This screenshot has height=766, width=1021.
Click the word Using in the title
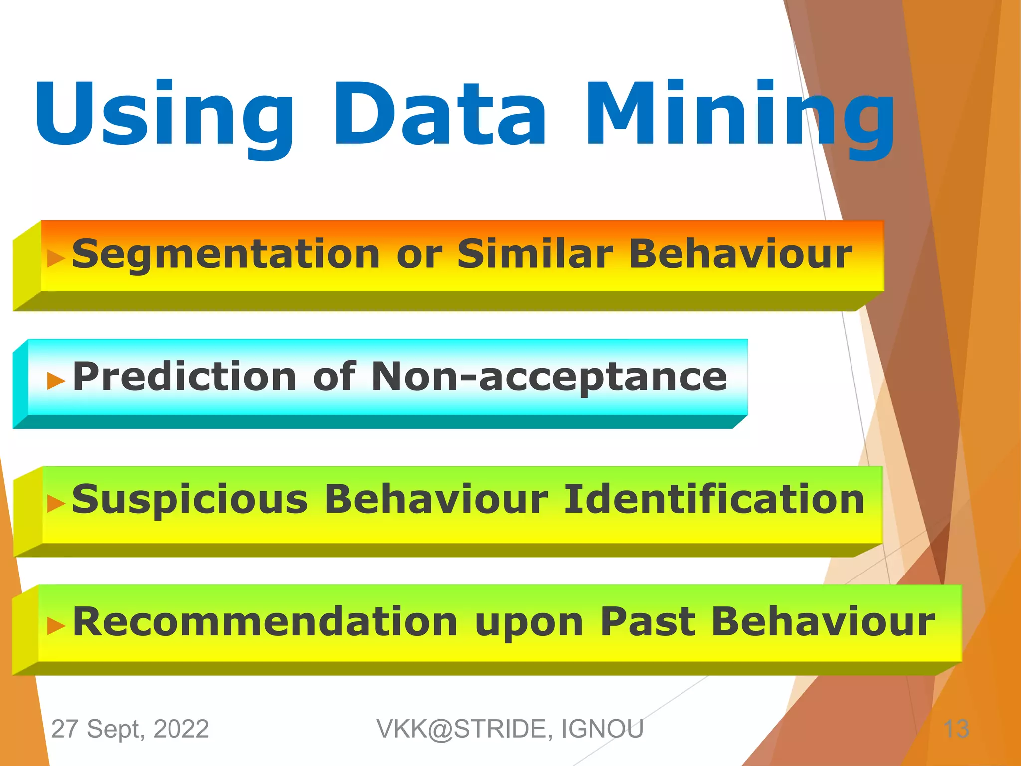tap(165, 115)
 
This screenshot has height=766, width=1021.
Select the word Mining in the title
tap(740, 117)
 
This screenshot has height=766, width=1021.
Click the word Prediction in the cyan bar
tap(184, 377)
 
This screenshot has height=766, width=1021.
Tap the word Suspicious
tap(190, 500)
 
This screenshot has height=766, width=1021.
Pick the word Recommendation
tap(265, 622)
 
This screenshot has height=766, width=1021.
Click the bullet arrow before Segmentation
tap(56, 258)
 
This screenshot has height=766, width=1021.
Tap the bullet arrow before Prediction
tap(56, 381)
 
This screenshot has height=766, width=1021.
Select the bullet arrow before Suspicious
tap(56, 504)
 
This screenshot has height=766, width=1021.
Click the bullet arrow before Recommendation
tap(56, 626)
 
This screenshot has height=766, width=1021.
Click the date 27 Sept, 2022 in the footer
tap(130, 729)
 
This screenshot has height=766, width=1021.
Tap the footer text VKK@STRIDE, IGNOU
tap(510, 729)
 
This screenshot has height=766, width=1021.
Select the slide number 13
tap(956, 729)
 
